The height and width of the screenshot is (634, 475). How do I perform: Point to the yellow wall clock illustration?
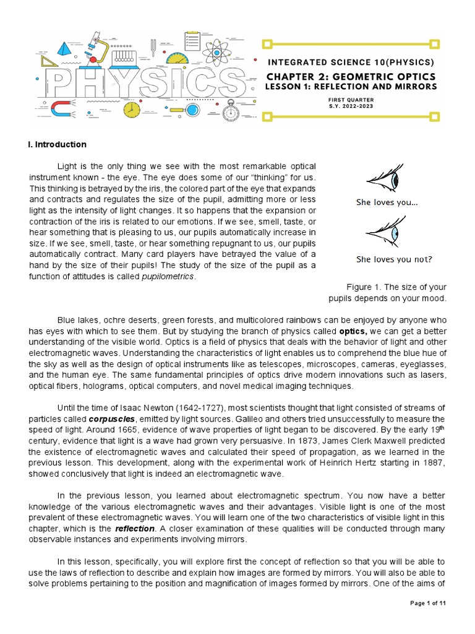pyautogui.click(x=131, y=110)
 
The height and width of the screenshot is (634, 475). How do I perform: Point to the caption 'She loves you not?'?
pyautogui.click(x=394, y=259)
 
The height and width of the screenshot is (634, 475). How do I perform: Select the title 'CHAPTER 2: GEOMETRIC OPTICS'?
pyautogui.click(x=351, y=76)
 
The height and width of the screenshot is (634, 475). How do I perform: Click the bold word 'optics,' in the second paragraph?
pyautogui.click(x=353, y=331)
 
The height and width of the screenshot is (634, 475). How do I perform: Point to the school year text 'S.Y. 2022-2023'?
pyautogui.click(x=351, y=106)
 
